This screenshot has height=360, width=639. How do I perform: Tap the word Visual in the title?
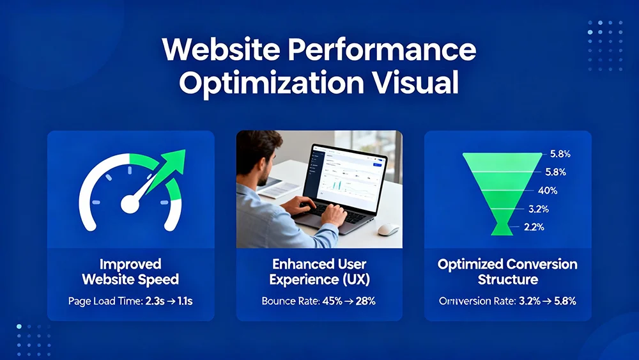pos(416,83)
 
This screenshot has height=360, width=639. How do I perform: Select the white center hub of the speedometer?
pos(130,205)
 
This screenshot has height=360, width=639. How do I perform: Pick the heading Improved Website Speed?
pos(130,272)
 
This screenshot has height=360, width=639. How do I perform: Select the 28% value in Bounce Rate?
pos(363,301)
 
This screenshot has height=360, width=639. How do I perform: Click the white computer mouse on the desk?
pos(387,229)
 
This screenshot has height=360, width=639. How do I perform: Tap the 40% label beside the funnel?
pos(548,191)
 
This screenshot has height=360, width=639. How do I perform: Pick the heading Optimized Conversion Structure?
pos(508,272)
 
